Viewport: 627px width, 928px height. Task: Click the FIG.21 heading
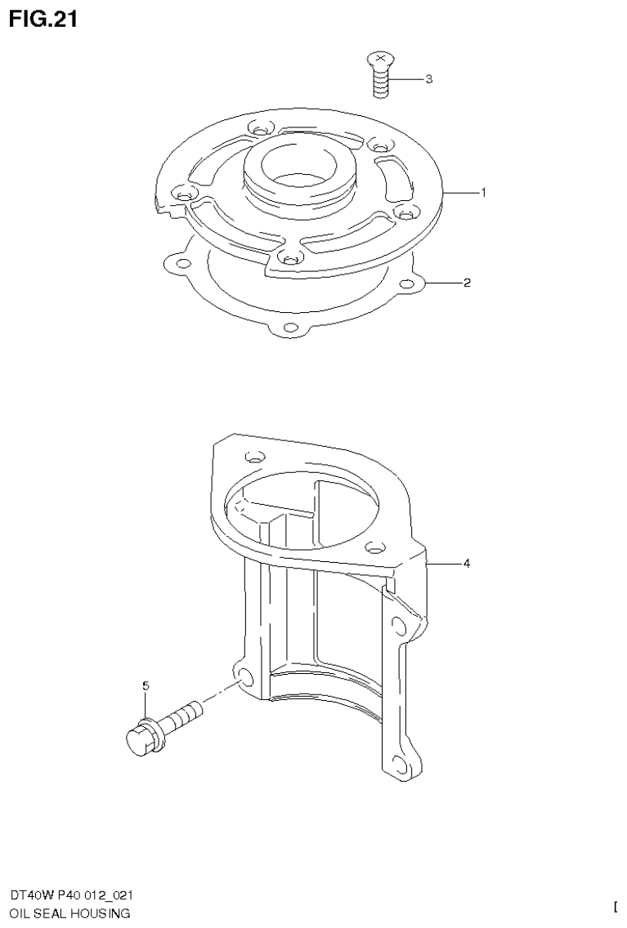43,19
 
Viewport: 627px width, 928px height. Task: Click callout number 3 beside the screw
428,80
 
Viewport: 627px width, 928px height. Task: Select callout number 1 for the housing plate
483,193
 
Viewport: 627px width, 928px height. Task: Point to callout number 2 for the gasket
467,283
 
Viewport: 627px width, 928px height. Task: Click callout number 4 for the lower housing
467,563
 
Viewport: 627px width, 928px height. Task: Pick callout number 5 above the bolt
146,686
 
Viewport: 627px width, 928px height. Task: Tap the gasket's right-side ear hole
407,284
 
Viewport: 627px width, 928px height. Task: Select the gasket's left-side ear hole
172,262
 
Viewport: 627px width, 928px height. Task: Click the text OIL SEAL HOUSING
69,913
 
